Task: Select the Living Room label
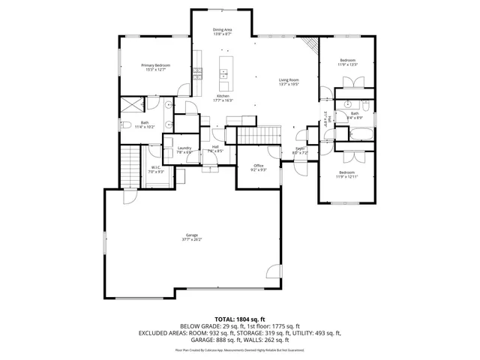(289, 82)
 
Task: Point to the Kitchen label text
(223, 98)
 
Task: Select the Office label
(258, 166)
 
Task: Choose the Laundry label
(184, 149)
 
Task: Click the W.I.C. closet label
(156, 169)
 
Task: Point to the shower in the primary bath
(132, 105)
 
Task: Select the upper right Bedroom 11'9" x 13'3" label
(347, 62)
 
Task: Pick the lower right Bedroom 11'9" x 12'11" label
(347, 174)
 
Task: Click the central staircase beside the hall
(257, 136)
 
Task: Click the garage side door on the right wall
(276, 273)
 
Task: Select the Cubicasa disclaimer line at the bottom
(240, 349)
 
